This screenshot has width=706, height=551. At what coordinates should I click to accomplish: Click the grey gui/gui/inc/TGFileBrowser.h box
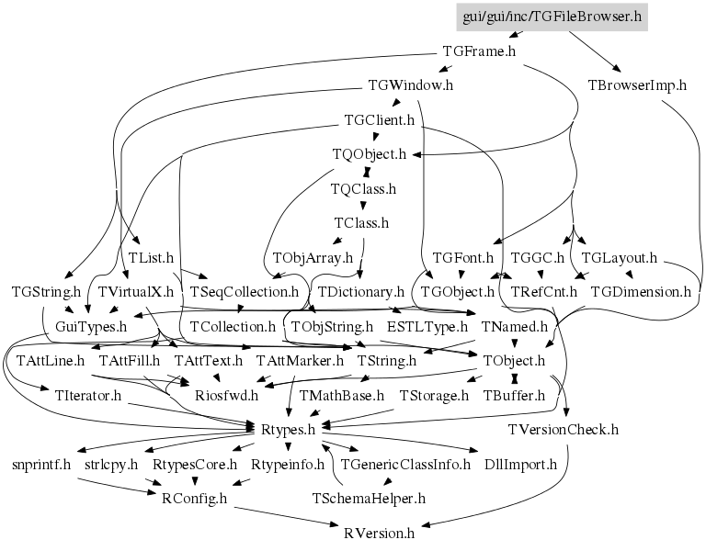552,17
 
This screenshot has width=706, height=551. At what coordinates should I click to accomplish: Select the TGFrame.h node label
479,51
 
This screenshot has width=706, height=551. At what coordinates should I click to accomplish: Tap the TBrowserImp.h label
637,85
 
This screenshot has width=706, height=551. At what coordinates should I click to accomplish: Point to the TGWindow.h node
411,85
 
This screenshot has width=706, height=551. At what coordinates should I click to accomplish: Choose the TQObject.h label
370,154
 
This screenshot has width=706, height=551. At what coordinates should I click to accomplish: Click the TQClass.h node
363,189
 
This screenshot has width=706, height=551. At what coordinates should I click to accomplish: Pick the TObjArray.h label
313,258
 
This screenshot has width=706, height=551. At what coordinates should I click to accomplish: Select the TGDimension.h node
640,292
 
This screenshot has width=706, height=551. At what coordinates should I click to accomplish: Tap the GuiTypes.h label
91,327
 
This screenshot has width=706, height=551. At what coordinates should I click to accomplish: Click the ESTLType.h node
427,327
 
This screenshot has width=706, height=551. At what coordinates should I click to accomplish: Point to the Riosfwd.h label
226,396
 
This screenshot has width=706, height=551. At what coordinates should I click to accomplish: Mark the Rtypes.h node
288,430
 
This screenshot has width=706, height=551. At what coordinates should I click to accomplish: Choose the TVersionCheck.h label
564,430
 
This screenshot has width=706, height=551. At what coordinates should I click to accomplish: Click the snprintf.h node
41,465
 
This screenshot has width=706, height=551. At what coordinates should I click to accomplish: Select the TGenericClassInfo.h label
405,465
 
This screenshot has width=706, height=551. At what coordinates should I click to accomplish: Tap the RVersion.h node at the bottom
379,534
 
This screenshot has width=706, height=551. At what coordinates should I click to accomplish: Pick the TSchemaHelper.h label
369,499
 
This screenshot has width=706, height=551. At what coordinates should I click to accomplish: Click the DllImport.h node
520,465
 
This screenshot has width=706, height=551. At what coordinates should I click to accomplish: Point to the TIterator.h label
88,396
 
